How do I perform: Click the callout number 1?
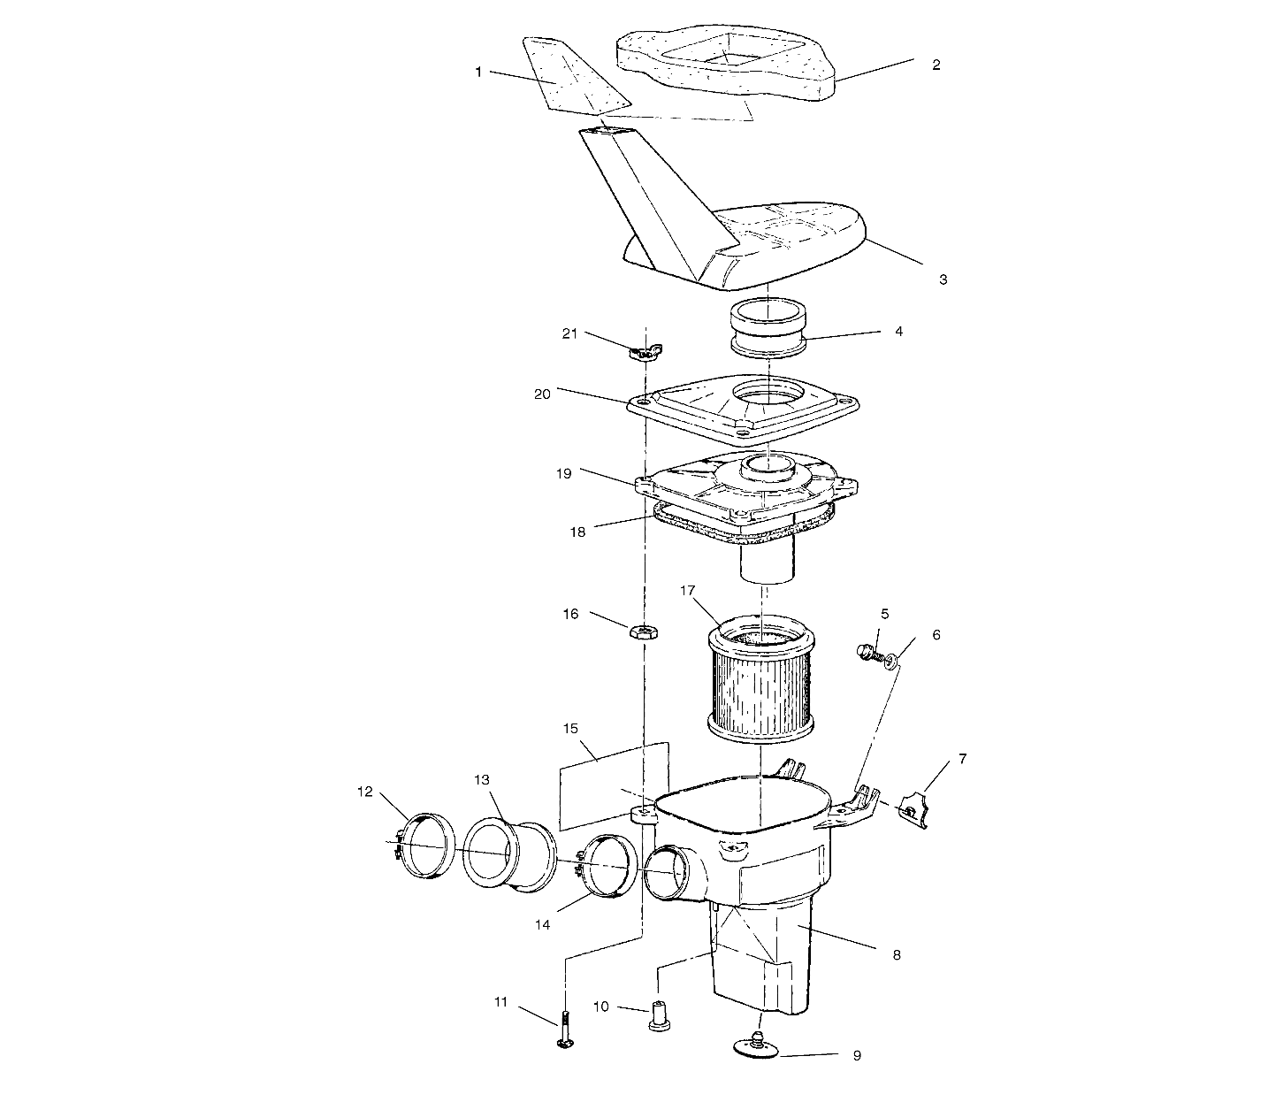click(x=478, y=73)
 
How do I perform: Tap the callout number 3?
click(x=943, y=279)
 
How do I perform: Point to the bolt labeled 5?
click(x=866, y=653)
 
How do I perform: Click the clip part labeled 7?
click(x=913, y=809)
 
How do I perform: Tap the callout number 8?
click(x=897, y=955)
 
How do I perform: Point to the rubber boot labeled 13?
click(x=509, y=853)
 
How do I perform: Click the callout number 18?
click(x=577, y=532)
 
